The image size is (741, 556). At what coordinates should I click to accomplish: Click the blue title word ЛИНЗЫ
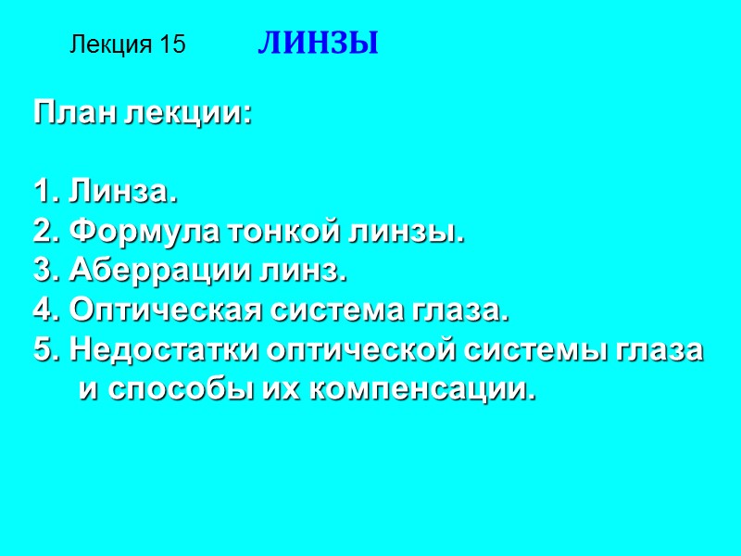click(x=318, y=44)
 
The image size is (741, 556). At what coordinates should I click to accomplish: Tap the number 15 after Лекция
click(x=172, y=44)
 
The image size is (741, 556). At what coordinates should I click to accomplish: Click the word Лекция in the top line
click(x=111, y=44)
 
